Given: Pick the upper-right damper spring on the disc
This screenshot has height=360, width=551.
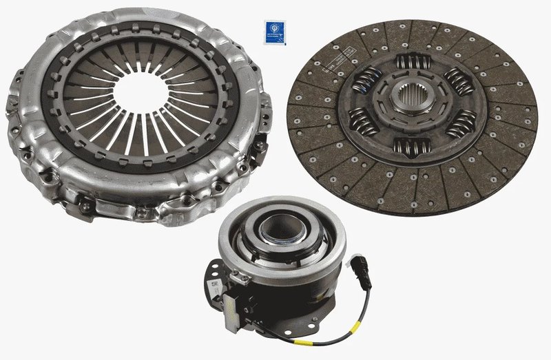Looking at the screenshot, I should point(457,81).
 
